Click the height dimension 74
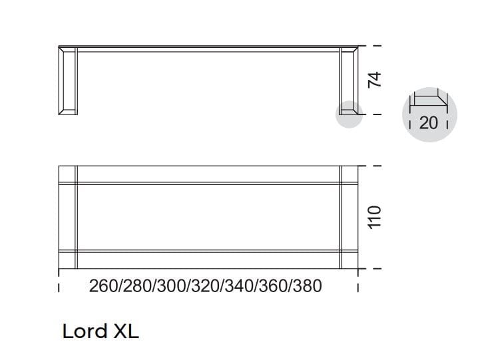coord(374,80)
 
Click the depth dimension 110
coord(374,218)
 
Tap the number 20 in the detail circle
coord(429,123)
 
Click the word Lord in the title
coord(85,331)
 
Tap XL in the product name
coord(126,331)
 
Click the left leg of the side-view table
coord(68,81)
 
